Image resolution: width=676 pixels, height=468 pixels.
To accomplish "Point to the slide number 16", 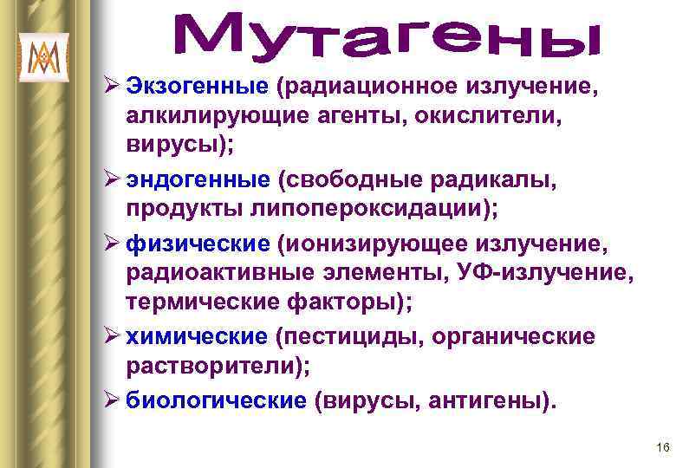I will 663,447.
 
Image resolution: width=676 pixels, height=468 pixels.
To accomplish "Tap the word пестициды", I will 351,335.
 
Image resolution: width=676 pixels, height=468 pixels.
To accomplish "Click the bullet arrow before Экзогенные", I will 113,87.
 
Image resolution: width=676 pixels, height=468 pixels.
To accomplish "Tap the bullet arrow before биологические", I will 113,400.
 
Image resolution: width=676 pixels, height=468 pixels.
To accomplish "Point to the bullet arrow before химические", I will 113,335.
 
